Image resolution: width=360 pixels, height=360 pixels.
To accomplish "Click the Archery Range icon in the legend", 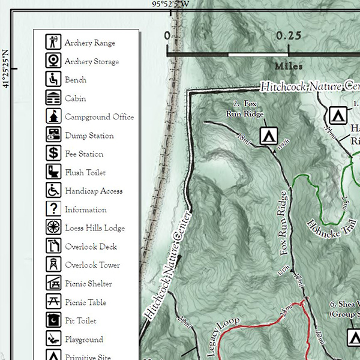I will coord(54,43).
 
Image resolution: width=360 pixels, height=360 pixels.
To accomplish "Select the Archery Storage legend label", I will coord(92,61).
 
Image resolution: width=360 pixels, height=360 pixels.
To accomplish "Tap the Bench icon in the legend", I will coord(54,79).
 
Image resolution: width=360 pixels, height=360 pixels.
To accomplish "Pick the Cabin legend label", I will coord(76,98).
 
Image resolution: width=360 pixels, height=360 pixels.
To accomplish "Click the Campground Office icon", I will coord(54,116).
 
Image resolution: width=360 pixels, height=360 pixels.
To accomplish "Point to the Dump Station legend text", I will coord(89,136).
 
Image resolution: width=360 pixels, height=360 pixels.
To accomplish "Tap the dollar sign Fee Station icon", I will coord(54,154).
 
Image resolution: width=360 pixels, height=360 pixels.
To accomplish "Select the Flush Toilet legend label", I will coord(85,173).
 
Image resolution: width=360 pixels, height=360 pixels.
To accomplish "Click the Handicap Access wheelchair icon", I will coord(54,191).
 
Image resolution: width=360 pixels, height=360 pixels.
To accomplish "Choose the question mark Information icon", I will coord(54,209).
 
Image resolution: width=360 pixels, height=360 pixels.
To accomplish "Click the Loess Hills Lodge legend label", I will coord(95,228).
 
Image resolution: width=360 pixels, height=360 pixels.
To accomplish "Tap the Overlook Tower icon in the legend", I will coord(54,265).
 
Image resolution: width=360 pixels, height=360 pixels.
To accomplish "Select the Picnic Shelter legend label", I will coord(88,284).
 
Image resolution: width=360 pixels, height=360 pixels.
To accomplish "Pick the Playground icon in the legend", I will coord(54,339).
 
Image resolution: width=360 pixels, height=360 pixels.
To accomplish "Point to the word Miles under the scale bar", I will coord(289,66).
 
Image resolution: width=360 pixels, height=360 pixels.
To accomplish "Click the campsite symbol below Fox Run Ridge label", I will coord(269,136).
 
